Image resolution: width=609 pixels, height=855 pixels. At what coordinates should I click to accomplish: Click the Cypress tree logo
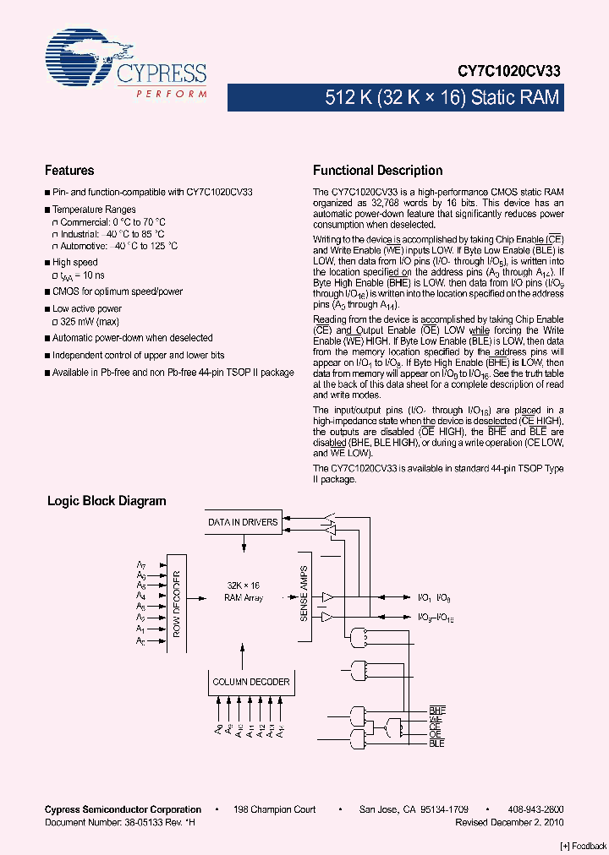pos(80,59)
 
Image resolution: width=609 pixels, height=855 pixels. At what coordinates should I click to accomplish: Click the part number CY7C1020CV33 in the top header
pos(511,74)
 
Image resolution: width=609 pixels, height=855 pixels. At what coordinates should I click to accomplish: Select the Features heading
pos(69,171)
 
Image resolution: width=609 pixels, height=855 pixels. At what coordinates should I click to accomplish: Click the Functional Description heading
pos(377,171)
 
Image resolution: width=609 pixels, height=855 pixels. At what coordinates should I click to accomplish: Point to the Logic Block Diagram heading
pos(107,501)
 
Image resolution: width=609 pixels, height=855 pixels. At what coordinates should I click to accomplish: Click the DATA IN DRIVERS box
pos(243,522)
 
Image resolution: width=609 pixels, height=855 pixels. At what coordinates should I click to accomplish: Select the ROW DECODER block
pos(176,602)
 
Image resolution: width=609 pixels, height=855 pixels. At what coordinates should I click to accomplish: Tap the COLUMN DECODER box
pos(250,682)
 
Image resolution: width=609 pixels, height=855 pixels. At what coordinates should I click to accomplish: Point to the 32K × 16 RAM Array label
pos(244,591)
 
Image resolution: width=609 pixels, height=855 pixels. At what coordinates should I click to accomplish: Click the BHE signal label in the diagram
pos(436,710)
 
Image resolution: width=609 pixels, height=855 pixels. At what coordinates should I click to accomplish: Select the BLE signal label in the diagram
pos(436,743)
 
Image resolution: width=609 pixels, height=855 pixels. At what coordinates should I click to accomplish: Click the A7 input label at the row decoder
pos(141,564)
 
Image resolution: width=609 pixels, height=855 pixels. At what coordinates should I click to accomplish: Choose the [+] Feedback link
pos(584,846)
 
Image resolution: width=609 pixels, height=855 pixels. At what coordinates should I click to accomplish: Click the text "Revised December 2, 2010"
pos(509,821)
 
